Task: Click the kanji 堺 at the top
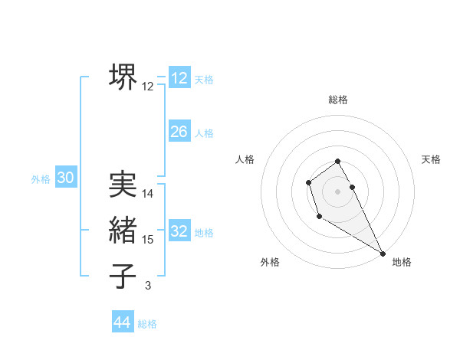point(123,77)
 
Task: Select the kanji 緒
point(123,230)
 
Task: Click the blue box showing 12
point(179,78)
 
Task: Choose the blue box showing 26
point(179,132)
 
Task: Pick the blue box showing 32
point(179,231)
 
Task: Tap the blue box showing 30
point(66,178)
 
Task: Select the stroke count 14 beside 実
point(148,194)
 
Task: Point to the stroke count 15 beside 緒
point(148,240)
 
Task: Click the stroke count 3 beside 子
point(148,286)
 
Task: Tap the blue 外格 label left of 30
point(41,179)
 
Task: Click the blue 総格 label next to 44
point(147,324)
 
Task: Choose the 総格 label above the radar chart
point(338,100)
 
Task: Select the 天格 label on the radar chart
point(432,159)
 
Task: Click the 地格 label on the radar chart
point(402,262)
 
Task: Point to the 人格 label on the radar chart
point(245,159)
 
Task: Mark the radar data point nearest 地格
point(383,253)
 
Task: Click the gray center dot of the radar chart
point(338,191)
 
